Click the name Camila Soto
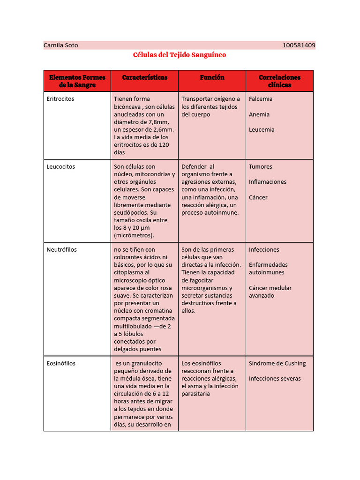(x=61, y=45)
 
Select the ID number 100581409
(x=299, y=45)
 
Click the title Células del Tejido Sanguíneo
(x=180, y=55)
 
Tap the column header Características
(x=144, y=77)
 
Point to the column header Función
(x=212, y=77)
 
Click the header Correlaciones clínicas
(x=279, y=81)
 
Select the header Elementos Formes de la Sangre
(x=77, y=81)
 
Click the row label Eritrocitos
(x=60, y=99)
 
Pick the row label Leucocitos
(x=61, y=167)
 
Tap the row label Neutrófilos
(x=62, y=250)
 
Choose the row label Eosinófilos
(x=61, y=363)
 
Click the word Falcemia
(x=261, y=99)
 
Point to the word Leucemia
(x=262, y=130)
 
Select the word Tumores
(x=260, y=167)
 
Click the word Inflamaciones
(x=268, y=182)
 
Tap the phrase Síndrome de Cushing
(x=277, y=363)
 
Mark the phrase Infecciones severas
(x=275, y=379)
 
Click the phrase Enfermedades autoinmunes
(x=268, y=269)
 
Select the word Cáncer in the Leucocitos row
(x=258, y=197)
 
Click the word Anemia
(x=259, y=114)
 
